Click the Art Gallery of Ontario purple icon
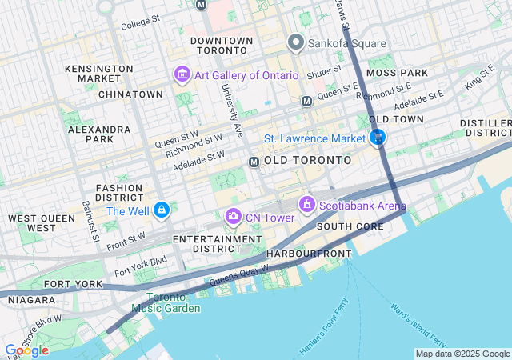182,75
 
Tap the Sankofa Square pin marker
295,43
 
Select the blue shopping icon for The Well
162,210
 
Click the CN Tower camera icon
233,215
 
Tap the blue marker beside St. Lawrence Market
378,138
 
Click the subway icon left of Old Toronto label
254,162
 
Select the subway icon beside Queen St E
306,101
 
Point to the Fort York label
74,284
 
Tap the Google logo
26,350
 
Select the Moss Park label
397,73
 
